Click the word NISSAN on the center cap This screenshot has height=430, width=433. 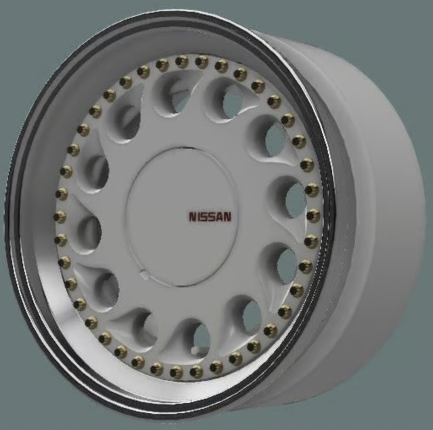tap(210, 217)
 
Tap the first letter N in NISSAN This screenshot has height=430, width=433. tap(193, 217)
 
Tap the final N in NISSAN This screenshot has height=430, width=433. tap(227, 217)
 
